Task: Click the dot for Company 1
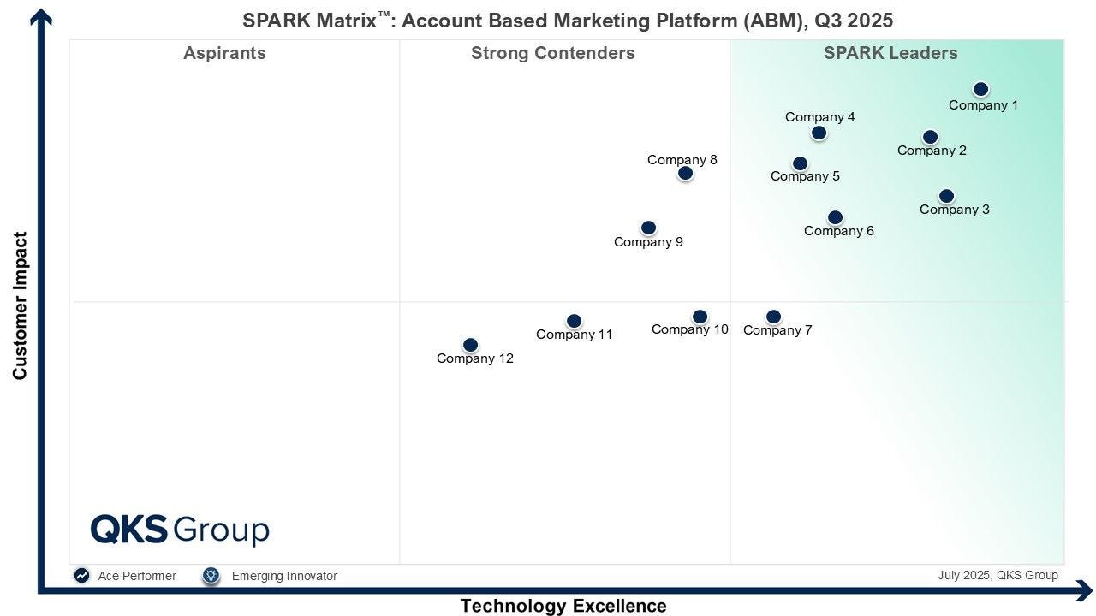(x=980, y=89)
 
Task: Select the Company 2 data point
(x=930, y=137)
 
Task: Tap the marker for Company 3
(x=947, y=196)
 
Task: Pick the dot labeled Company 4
(x=819, y=133)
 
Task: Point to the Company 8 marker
(x=686, y=173)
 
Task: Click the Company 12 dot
(x=471, y=345)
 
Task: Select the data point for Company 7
(x=773, y=317)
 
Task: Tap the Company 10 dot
(x=700, y=317)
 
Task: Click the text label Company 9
(x=648, y=242)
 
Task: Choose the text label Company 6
(x=838, y=231)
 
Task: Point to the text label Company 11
(x=574, y=335)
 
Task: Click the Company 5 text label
(x=805, y=176)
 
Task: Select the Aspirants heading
(x=224, y=53)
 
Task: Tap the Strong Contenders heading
(x=553, y=53)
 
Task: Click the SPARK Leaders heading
(x=890, y=53)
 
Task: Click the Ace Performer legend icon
(x=81, y=576)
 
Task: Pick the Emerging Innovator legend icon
(x=211, y=576)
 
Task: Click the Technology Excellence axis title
(x=563, y=606)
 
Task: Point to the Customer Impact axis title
(x=20, y=305)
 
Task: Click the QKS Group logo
(x=180, y=530)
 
